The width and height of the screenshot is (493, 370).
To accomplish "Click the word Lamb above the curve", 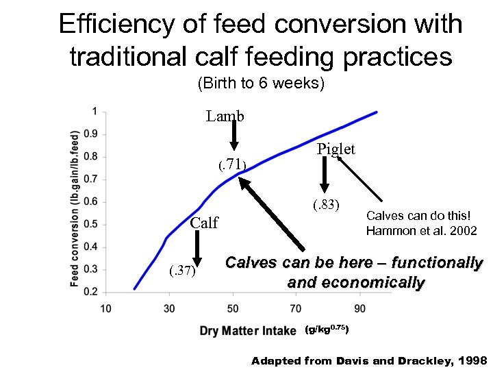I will coord(225,116).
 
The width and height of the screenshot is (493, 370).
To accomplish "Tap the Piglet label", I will coord(336,149).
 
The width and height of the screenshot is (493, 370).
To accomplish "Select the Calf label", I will coord(204,223).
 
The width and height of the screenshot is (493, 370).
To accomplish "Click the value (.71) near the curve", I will coord(231,165).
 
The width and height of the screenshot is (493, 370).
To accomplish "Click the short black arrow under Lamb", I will coord(233,136).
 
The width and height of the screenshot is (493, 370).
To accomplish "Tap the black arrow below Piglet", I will coord(324,175).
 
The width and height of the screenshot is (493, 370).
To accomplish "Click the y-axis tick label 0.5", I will coord(90,224).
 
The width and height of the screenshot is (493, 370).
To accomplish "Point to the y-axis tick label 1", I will coord(94,111).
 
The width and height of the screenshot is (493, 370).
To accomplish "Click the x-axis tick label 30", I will coord(169,308).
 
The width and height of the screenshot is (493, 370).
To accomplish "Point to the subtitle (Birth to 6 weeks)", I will coord(260,84).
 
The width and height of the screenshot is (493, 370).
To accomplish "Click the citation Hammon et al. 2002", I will coord(421,231).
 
